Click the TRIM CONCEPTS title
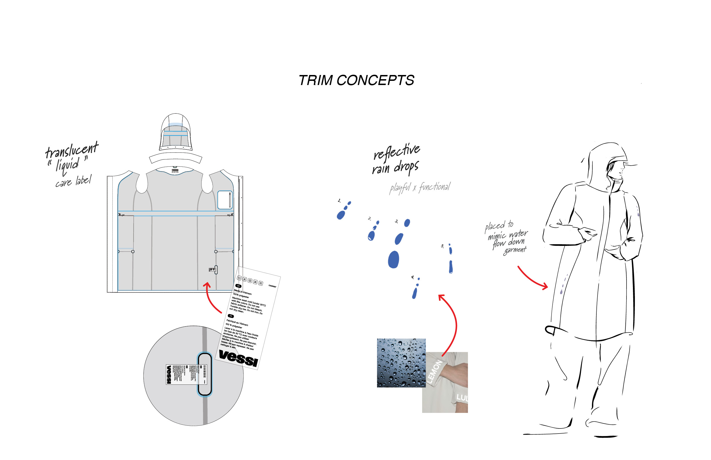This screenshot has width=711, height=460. (356, 80)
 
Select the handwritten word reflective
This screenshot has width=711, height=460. (397, 152)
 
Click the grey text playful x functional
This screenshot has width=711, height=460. (420, 188)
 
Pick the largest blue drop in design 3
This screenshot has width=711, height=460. (393, 259)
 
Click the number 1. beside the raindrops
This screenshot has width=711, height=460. (339, 201)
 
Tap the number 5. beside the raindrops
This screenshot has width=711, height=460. (442, 246)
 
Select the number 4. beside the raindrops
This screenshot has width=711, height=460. (412, 277)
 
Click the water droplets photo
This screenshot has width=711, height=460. (401, 363)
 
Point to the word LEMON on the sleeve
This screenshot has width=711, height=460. (434, 371)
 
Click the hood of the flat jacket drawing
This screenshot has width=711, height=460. (176, 131)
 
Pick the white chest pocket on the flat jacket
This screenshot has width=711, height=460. (225, 200)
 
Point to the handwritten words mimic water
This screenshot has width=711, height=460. (507, 234)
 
